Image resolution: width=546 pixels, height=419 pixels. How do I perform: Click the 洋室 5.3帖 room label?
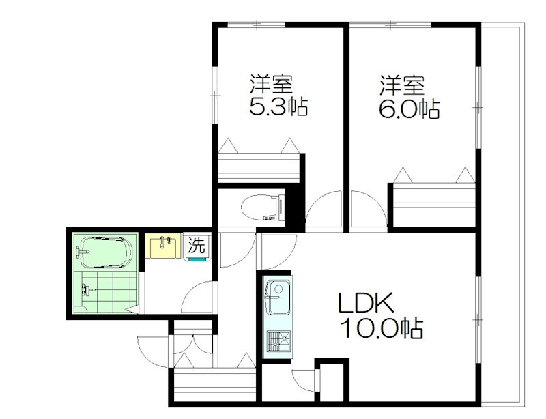(x=278, y=95)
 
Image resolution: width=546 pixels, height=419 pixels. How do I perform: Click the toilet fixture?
(x=263, y=208)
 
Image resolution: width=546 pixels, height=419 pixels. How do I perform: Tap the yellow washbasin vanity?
(x=162, y=246)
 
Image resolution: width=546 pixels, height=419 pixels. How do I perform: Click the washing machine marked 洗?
(x=197, y=248)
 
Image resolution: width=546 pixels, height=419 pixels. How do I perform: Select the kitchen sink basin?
(x=277, y=296)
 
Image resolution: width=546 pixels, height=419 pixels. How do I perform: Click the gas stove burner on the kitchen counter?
(x=278, y=342)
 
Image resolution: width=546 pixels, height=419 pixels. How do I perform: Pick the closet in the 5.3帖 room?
(x=259, y=167)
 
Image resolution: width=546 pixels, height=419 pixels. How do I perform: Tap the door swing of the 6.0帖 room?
(x=369, y=209)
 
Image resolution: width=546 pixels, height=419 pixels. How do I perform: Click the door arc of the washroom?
(x=197, y=297)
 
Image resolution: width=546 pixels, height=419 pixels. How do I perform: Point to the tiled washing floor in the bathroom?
(x=108, y=292)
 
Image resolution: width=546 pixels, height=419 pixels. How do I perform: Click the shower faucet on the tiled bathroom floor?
(x=87, y=289)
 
